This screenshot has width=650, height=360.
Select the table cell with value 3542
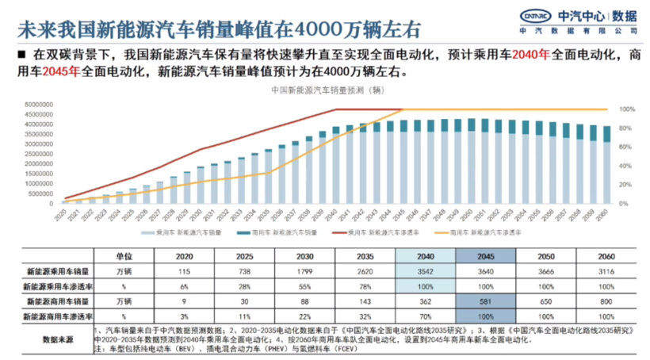point(426,271)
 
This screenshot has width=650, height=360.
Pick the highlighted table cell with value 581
point(486,302)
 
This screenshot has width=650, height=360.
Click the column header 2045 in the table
point(486,256)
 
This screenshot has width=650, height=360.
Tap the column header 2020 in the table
point(185,256)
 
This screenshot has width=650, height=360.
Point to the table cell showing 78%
point(365,286)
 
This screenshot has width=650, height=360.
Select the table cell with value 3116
point(606,271)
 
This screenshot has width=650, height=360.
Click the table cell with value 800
point(606,302)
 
